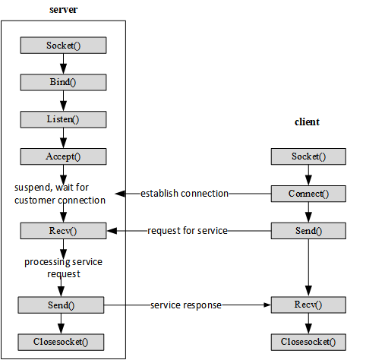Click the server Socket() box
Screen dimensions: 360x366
coord(63,46)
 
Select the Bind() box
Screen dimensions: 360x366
coord(63,82)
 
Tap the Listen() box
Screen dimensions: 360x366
coord(63,119)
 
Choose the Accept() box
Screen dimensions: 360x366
coord(63,156)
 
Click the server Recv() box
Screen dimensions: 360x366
coord(63,230)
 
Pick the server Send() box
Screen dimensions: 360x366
coord(63,305)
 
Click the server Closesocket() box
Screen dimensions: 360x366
coord(63,341)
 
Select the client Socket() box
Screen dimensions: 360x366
coord(308,156)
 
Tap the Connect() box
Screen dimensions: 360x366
coord(308,193)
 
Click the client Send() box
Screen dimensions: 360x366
coord(308,230)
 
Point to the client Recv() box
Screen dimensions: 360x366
coord(308,305)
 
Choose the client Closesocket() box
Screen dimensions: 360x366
coord(308,341)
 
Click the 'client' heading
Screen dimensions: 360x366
coord(308,122)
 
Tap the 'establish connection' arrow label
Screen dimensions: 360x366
coord(185,194)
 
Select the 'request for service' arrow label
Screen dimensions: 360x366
coord(188,230)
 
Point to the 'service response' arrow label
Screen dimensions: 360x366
coord(186,305)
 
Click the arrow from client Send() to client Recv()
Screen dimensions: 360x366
coord(308,267)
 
